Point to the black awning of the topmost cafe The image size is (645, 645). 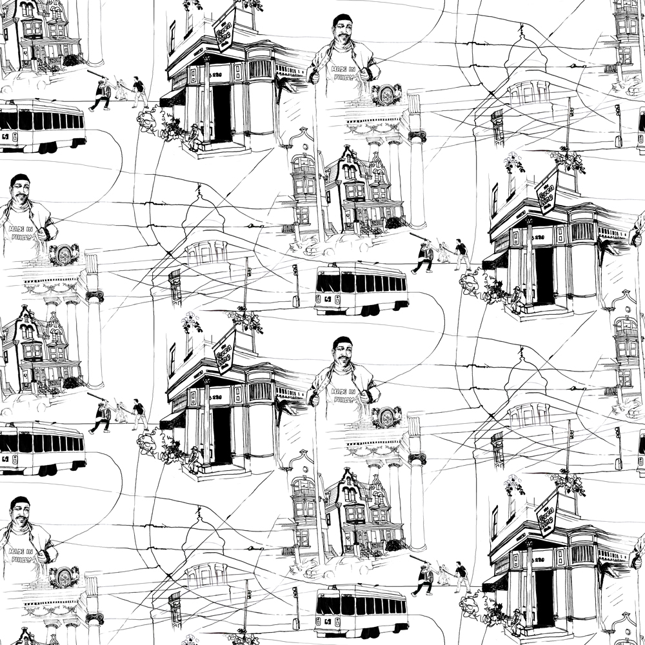pos(172,97)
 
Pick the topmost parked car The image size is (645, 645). pos(29,81)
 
